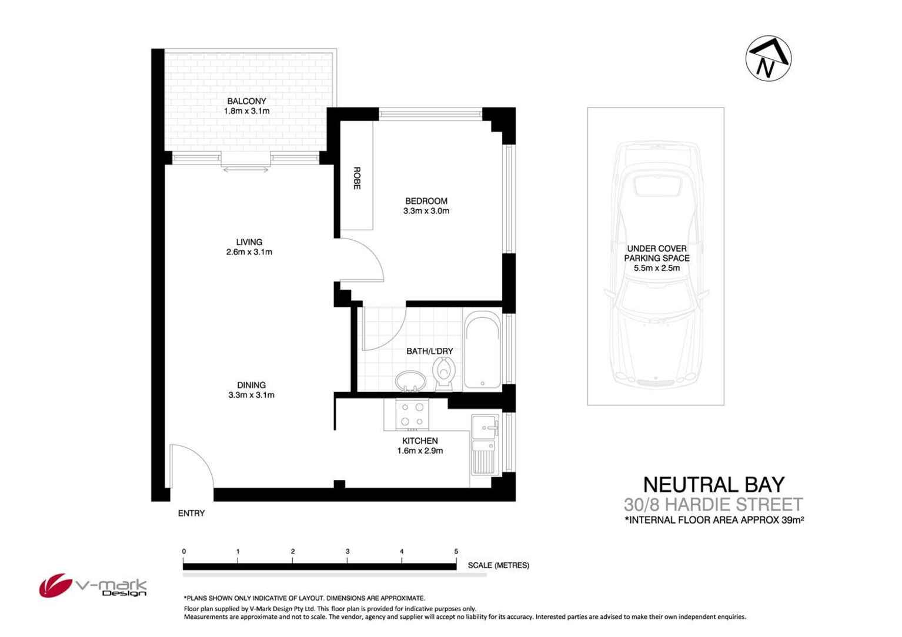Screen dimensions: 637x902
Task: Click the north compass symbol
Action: (768, 59)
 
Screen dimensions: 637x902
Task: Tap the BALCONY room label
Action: (246, 101)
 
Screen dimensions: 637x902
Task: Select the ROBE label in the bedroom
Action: (356, 178)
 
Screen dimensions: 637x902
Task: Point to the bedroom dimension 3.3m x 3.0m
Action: (426, 211)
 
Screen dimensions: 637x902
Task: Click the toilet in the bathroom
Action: (443, 373)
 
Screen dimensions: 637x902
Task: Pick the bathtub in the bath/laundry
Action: (483, 351)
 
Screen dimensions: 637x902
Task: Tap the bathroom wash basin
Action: (409, 380)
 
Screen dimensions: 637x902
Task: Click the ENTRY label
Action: (191, 513)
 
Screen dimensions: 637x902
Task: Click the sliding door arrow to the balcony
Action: (246, 170)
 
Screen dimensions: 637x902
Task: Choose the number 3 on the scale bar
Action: (348, 551)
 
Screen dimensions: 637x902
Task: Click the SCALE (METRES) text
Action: (498, 565)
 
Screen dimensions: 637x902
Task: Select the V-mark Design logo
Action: (93, 586)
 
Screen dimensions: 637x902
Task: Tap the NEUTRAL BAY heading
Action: (714, 484)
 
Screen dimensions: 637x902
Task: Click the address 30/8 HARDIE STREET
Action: (713, 504)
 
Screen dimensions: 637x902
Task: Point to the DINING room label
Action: (251, 385)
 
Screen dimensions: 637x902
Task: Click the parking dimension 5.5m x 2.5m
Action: (656, 268)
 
